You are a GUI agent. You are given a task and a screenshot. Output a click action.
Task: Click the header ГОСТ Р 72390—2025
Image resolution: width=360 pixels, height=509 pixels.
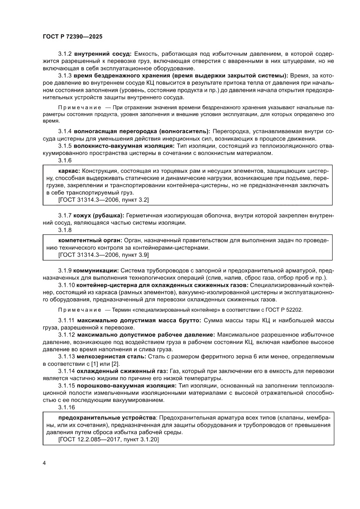(72, 37)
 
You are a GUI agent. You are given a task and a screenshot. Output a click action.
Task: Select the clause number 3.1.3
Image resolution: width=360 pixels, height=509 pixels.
(65, 75)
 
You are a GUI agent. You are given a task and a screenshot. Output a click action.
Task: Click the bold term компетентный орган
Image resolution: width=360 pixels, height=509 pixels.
(90, 240)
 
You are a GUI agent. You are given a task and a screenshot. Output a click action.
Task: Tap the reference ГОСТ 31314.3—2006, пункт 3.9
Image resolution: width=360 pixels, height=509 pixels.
(103, 255)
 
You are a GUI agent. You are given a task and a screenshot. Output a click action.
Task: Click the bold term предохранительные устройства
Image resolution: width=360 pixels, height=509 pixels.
(104, 417)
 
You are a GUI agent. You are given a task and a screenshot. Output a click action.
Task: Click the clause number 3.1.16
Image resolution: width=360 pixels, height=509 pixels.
(67, 407)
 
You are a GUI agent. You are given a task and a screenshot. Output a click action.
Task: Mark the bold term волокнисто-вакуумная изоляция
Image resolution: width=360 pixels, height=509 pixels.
(124, 146)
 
